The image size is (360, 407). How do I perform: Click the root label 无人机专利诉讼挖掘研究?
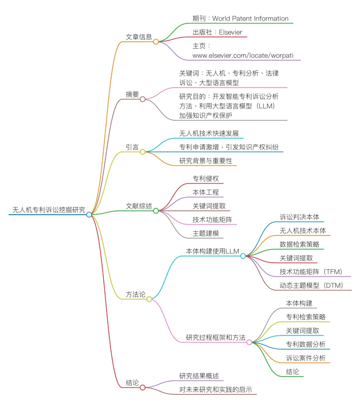[x=49, y=210]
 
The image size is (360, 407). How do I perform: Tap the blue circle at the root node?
[x=89, y=215]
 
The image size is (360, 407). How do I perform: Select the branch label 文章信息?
[x=139, y=37]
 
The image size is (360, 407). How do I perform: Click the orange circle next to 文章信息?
[x=156, y=41]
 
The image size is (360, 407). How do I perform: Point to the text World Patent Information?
[x=250, y=18]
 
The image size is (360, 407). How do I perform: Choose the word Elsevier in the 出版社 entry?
[x=230, y=32]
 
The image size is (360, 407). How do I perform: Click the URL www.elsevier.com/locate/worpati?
[x=243, y=56]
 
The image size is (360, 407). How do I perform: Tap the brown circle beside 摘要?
[x=142, y=99]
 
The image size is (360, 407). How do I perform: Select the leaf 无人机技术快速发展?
[x=209, y=134]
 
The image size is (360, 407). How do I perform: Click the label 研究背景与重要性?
[x=206, y=161]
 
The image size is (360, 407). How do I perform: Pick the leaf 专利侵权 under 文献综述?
[x=206, y=178]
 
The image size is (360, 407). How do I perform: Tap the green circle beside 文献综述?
[x=156, y=211]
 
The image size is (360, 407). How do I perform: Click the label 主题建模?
[x=206, y=233]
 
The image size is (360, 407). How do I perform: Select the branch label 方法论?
[x=136, y=295]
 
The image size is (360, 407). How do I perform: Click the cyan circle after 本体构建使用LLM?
[x=243, y=256]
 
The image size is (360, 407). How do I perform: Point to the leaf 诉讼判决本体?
[x=300, y=217]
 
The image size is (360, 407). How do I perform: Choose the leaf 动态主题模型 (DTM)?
[x=311, y=285]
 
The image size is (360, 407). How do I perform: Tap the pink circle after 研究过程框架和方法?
[x=249, y=342]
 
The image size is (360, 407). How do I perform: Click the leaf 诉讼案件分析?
[x=306, y=358]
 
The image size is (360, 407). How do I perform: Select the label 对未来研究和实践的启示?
[x=216, y=390]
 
